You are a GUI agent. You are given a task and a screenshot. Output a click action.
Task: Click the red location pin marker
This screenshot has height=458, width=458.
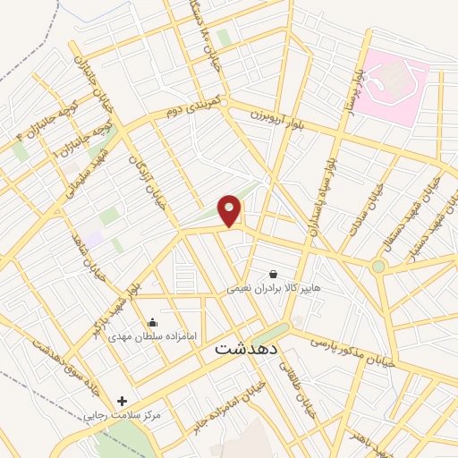click(231, 210)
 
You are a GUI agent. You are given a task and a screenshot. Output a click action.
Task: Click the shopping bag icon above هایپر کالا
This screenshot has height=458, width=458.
click(273, 274)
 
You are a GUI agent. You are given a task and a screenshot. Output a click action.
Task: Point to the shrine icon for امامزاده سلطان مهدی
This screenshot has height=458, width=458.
click(152, 323)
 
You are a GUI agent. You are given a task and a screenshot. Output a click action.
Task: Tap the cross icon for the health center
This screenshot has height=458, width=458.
click(123, 401)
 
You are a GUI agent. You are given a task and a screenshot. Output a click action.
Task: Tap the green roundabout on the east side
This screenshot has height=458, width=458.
click(378, 266)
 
